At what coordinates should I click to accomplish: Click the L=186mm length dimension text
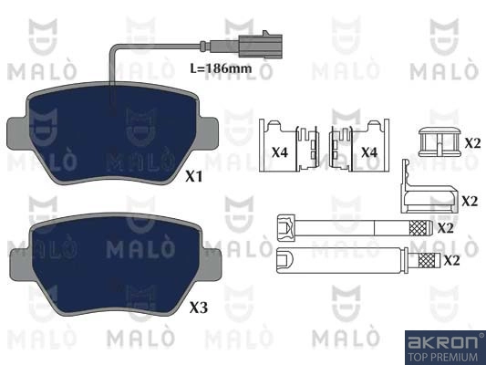pyautogui.click(x=221, y=68)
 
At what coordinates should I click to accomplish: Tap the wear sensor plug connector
pyautogui.click(x=260, y=46)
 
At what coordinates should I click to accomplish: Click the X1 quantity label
pyautogui.click(x=193, y=176)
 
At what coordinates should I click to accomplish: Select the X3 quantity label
pyautogui.click(x=199, y=308)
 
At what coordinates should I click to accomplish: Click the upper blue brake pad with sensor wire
pyautogui.click(x=112, y=133)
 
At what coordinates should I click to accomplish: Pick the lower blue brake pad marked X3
pyautogui.click(x=116, y=264)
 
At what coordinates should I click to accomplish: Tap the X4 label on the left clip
pyautogui.click(x=280, y=152)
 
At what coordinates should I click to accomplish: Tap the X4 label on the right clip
pyautogui.click(x=369, y=152)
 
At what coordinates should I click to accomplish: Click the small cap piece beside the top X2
pyautogui.click(x=439, y=141)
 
